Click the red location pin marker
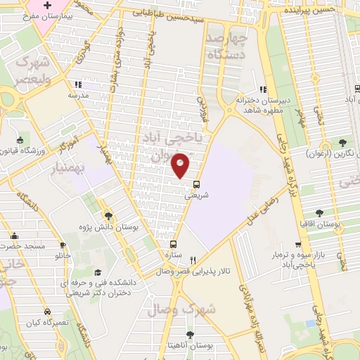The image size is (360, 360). pos(181,165)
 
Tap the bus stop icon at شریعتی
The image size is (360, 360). pos(197,184)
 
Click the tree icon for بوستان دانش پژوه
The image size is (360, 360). pos(108,216)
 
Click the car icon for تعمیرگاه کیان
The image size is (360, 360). pos(46,311)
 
